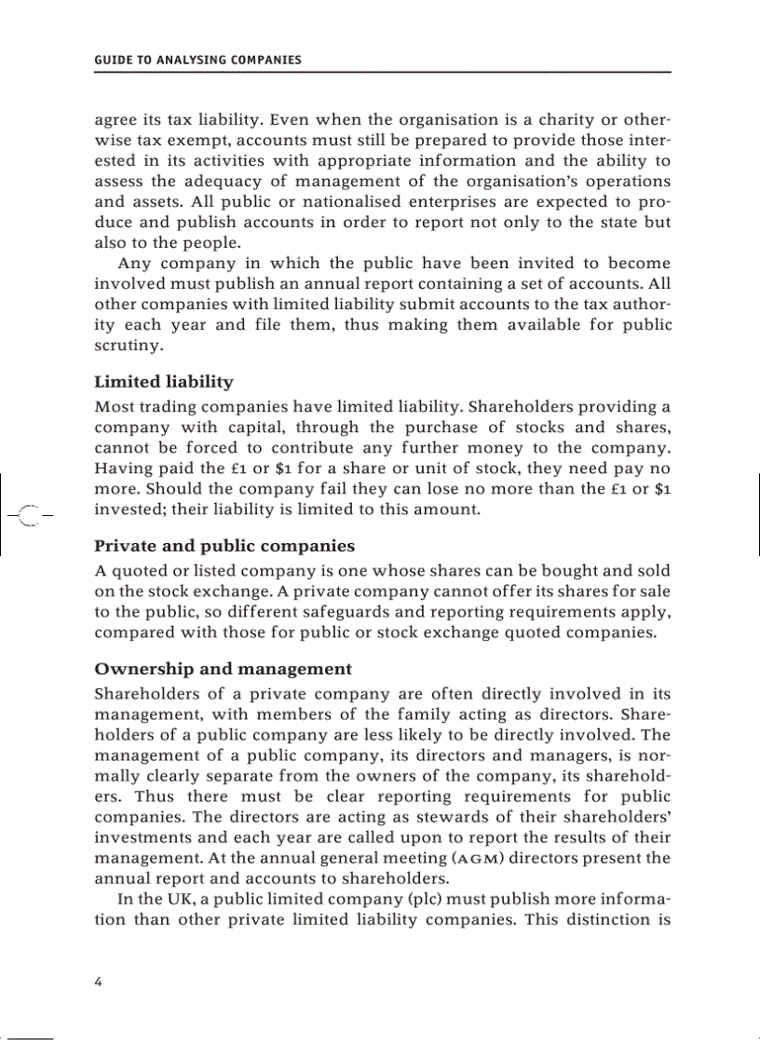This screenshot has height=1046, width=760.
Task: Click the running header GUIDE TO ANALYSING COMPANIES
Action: pos(197,60)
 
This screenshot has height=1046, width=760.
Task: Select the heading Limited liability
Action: pos(164,382)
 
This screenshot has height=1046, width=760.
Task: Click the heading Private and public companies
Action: pos(224,546)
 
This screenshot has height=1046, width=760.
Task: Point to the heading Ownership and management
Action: pos(224,669)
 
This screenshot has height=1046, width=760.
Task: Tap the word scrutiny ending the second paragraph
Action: pos(129,346)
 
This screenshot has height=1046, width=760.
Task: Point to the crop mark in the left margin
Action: pos(29,513)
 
